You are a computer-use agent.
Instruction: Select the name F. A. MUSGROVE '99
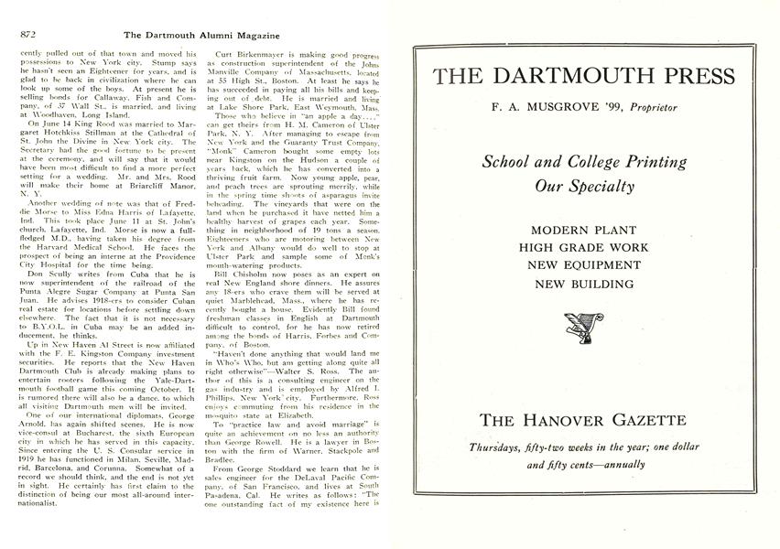tap(548, 107)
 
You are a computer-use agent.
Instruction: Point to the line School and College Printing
tap(584, 162)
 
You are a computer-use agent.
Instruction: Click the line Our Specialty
tap(584, 187)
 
